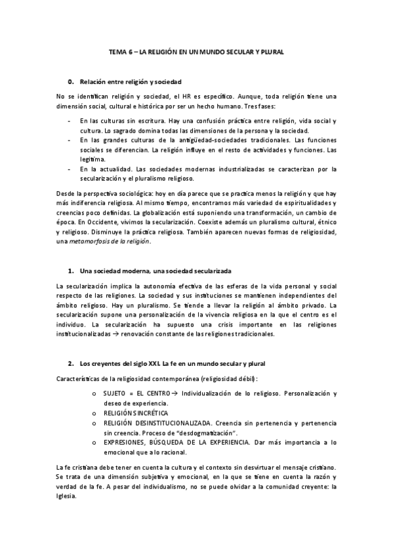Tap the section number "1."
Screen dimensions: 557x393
tap(71, 271)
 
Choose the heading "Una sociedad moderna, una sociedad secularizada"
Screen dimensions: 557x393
tap(155, 271)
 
